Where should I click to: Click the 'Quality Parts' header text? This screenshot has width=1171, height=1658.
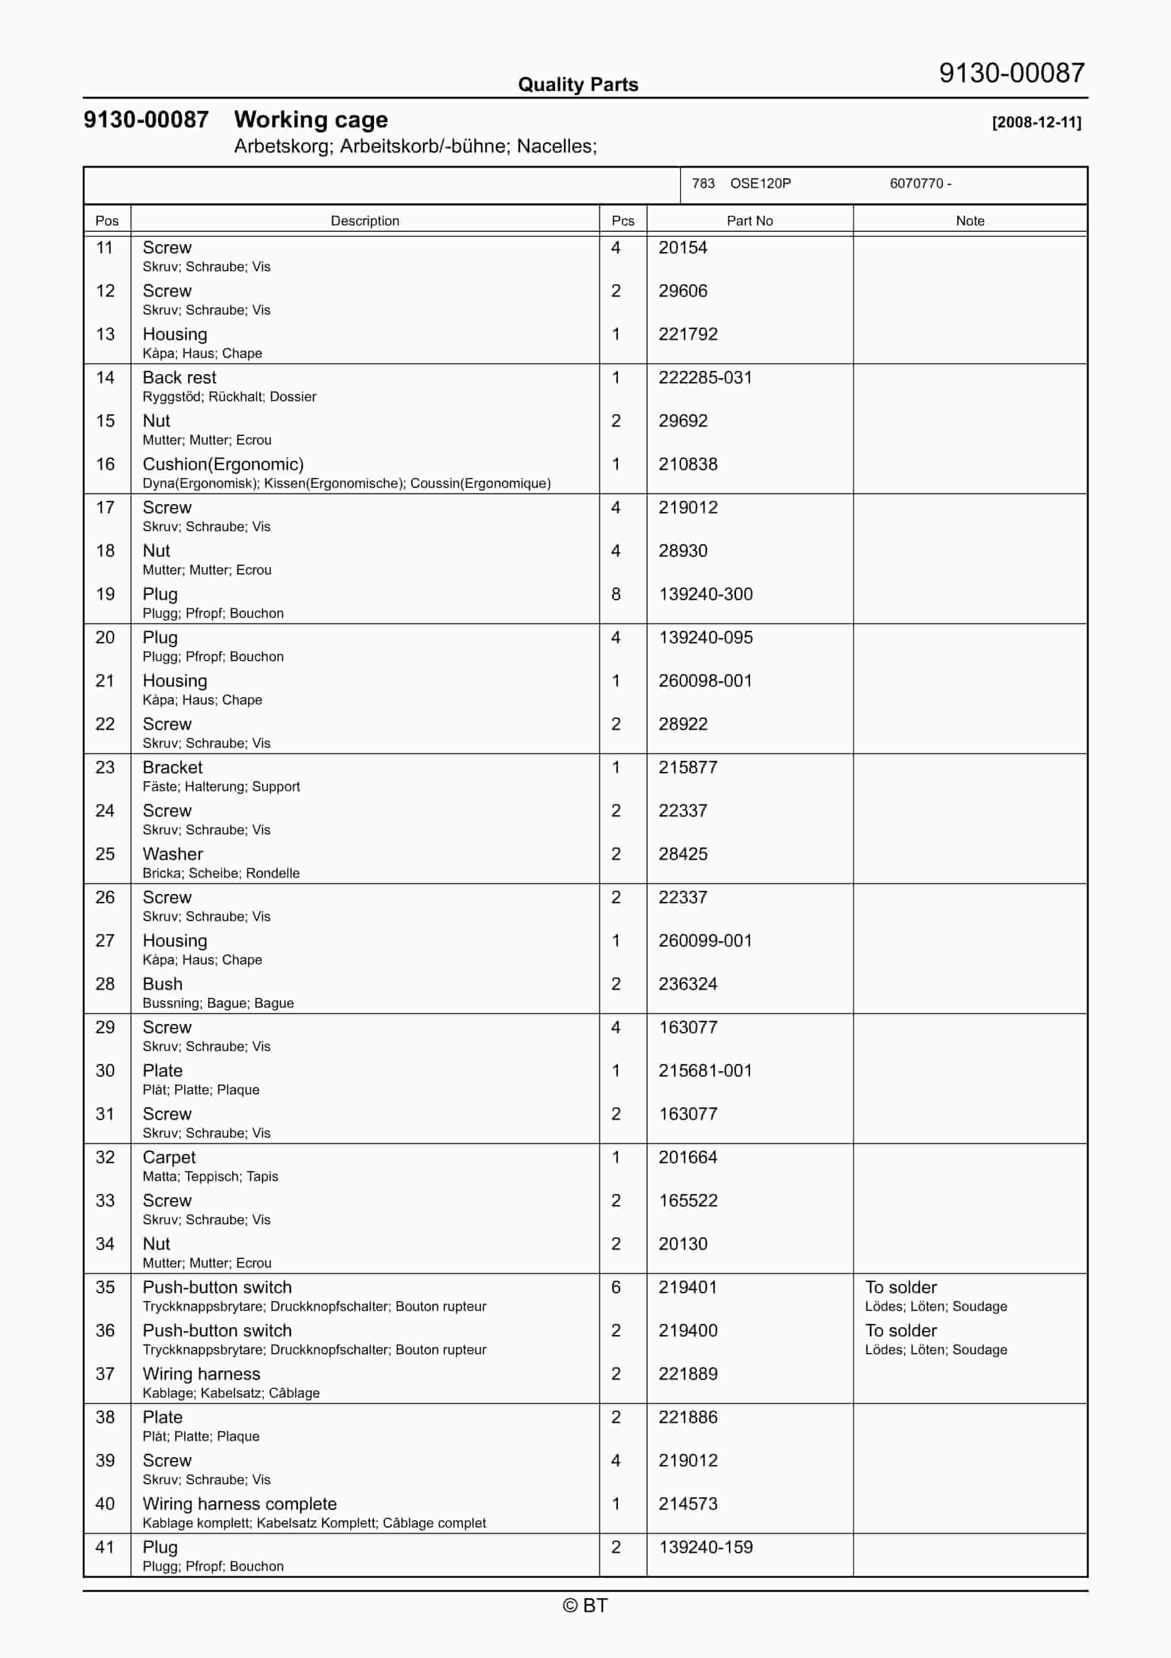coord(578,85)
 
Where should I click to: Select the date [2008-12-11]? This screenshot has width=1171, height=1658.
coord(1036,122)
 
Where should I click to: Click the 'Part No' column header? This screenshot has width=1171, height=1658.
coord(749,221)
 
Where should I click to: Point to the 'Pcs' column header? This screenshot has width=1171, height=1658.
coord(622,221)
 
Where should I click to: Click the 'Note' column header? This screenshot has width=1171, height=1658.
coord(970,221)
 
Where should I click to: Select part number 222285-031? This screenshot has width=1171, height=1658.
coord(705,378)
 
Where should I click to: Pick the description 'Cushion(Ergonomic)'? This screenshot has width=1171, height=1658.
coord(222,464)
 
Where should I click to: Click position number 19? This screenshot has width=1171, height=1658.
coord(105,594)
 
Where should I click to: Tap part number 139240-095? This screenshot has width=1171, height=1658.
coord(706,638)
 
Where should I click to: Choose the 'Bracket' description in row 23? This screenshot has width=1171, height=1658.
coord(173,767)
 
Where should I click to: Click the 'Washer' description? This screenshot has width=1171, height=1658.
coord(173,854)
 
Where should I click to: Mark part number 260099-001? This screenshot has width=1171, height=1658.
coord(705,941)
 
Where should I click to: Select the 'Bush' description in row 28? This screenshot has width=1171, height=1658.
coord(162,984)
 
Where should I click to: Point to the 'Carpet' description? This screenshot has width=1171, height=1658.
coord(169,1157)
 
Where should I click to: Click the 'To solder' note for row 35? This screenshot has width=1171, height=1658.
coord(900,1287)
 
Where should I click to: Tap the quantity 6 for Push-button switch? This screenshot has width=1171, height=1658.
coord(616,1287)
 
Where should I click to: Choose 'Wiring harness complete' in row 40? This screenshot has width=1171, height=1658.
coord(240,1504)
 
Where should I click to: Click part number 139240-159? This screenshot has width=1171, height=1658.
coord(706,1548)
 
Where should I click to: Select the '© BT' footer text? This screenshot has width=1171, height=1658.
coord(585,1605)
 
